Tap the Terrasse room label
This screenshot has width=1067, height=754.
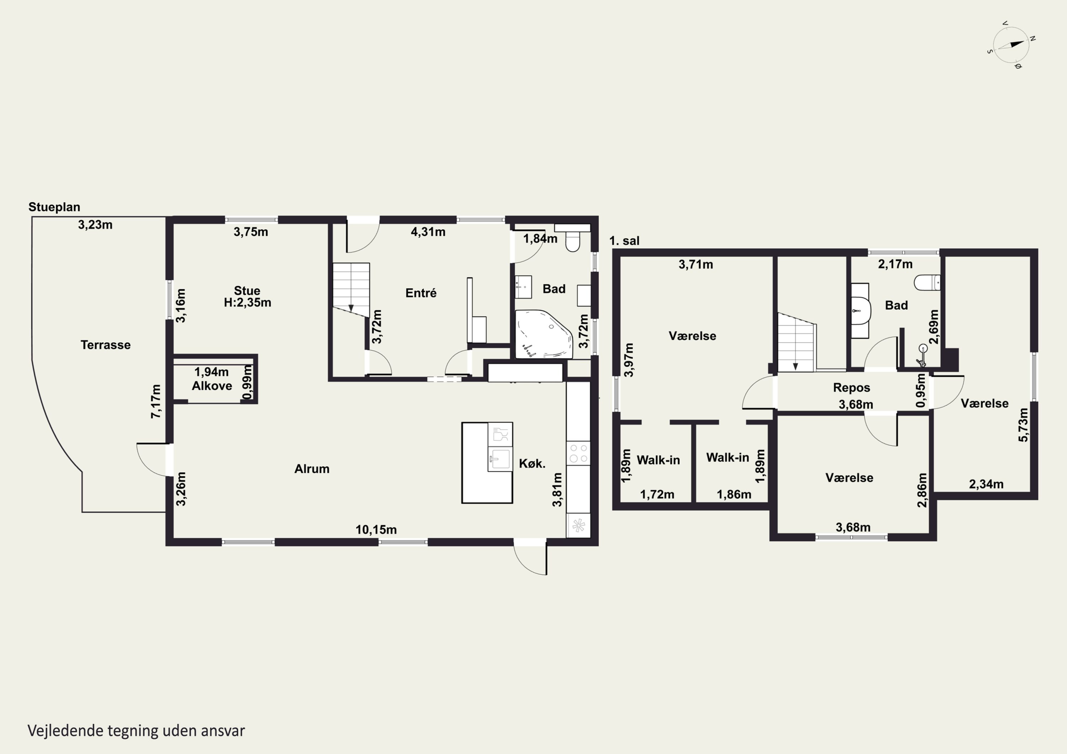[106, 345]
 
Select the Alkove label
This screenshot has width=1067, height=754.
[212, 386]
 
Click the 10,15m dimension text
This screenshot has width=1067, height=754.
[376, 530]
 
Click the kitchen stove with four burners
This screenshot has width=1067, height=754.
[578, 453]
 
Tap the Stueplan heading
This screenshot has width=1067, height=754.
[54, 207]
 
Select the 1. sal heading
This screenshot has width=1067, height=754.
[624, 241]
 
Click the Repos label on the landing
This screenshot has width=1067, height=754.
[851, 387]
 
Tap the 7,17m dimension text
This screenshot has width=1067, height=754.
[156, 401]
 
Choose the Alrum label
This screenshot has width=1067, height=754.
[312, 469]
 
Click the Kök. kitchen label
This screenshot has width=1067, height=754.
[532, 463]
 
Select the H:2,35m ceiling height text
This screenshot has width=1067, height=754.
[247, 303]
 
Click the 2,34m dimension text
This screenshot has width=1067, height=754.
[986, 484]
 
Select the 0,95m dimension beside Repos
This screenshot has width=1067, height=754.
[920, 390]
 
